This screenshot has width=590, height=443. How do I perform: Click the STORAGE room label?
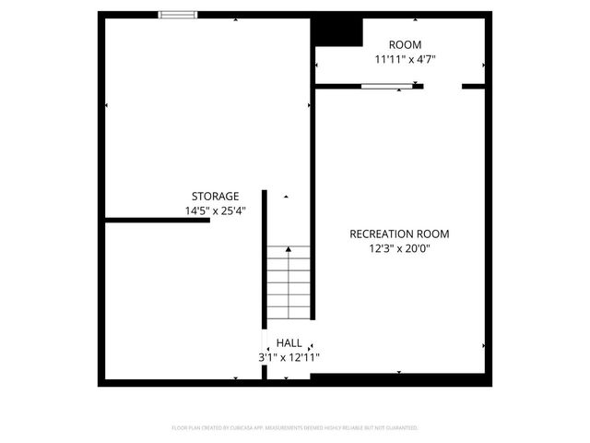[x=215, y=196]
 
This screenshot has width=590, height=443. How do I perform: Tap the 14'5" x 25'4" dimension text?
[x=215, y=210]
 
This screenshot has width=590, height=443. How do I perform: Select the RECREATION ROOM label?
[x=399, y=233]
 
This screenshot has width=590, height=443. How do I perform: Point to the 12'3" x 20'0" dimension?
[x=399, y=248]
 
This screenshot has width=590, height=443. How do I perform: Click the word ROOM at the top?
[x=405, y=44]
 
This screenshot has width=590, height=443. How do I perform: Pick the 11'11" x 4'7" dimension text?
[x=405, y=59]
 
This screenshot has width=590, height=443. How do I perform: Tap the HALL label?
[x=289, y=342]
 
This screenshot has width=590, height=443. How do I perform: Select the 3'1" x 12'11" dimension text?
[x=289, y=357]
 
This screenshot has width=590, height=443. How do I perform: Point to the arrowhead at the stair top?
[x=289, y=249]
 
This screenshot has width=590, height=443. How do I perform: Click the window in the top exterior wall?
[x=178, y=15]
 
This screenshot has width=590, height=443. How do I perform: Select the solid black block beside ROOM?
[x=336, y=31]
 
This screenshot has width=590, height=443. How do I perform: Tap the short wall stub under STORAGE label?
[x=157, y=220]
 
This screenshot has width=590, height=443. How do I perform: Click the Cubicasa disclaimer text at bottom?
[x=295, y=428]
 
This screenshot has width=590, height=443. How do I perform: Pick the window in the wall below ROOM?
[x=386, y=86]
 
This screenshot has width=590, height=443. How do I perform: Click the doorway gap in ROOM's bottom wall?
[x=442, y=86]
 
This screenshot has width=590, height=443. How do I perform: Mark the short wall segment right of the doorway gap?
[x=473, y=86]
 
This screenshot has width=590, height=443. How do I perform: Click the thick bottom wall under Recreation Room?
[x=399, y=379]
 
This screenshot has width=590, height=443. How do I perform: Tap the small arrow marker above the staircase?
[x=286, y=197]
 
